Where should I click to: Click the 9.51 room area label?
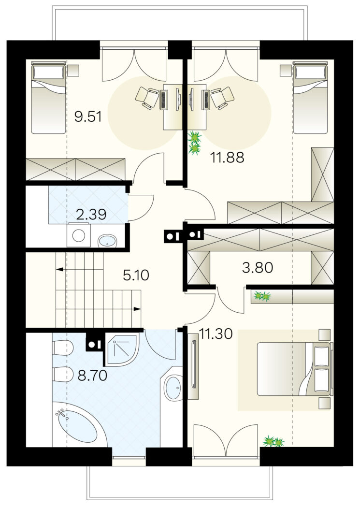pos(88,116)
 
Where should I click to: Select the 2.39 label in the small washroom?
pos(91,215)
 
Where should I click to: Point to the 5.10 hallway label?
pos(136,275)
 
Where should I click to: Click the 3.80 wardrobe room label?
pos(258,267)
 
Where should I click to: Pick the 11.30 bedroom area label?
pos(216,334)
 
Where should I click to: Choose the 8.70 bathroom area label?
pos(92,376)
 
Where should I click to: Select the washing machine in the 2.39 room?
pos(79,235)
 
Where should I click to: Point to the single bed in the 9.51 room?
pos(49,99)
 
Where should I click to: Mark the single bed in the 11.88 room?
pos(310,99)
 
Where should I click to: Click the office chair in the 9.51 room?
pos(147,97)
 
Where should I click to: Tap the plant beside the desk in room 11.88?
pos(194,143)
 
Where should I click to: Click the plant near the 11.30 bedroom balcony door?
pos(274,441)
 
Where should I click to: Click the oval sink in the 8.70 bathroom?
pos(173,388)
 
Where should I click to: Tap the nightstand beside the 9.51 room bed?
pos(73,70)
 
